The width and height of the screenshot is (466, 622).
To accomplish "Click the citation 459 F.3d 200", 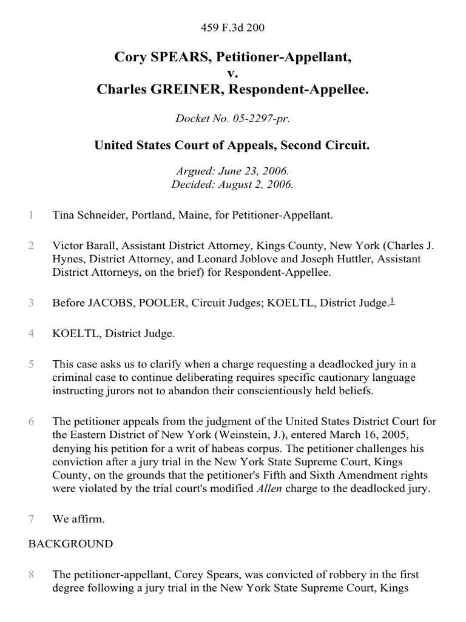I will [x=232, y=27].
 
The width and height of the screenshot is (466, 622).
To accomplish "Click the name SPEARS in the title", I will [x=167, y=58].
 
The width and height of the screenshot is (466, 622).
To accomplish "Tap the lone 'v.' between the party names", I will [x=232, y=73].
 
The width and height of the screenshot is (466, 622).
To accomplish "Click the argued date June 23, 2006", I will [x=256, y=173].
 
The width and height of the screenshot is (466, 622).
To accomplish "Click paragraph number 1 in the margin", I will [x=31, y=214].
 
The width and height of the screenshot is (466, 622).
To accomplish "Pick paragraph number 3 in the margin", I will [x=31, y=302].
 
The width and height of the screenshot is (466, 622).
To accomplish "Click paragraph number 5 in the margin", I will [x=31, y=364].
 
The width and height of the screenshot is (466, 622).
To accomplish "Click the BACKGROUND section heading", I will [x=70, y=544].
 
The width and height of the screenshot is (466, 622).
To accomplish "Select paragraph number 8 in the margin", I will [x=31, y=574].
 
